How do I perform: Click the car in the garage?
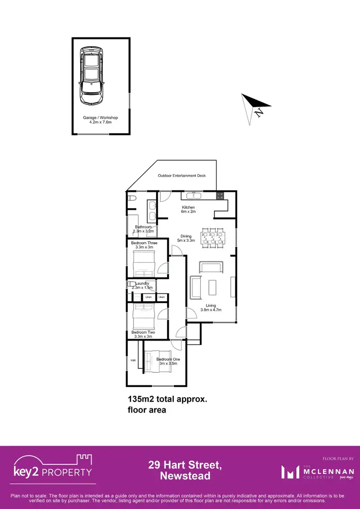coord(92,75)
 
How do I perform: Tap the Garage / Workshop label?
coord(100,120)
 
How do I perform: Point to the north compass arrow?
coord(256,107)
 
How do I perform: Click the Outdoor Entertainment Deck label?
coord(182,176)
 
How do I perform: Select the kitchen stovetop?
coord(220,196)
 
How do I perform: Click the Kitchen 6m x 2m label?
coord(188,210)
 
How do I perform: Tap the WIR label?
coord(133,360)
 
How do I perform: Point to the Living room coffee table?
coord(212,287)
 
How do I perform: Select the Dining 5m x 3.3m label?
coord(186,238)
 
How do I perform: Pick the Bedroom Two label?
coord(143,335)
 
